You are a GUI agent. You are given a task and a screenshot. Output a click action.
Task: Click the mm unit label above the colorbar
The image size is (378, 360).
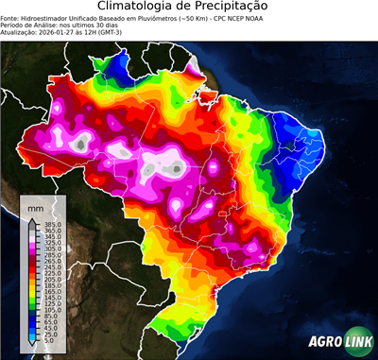[36, 207]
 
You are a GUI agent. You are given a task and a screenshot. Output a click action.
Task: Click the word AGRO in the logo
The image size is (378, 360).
[323, 341]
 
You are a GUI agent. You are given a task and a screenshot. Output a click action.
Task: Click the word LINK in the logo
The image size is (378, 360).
[357, 341]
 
